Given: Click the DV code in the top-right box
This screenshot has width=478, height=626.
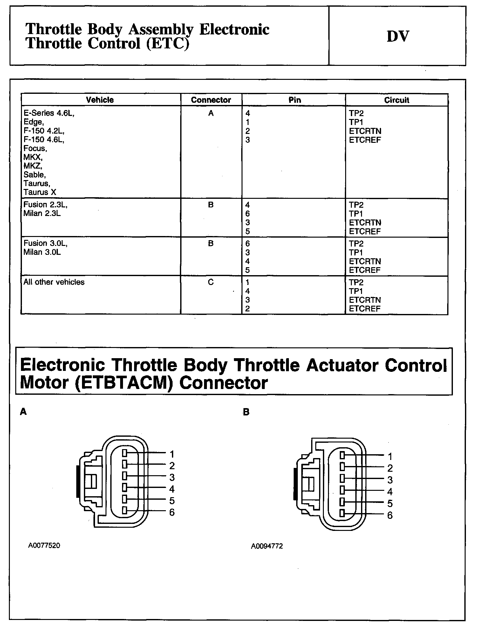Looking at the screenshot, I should [398, 36].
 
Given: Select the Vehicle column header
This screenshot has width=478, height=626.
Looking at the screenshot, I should [100, 100].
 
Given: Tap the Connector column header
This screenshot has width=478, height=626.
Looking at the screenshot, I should [211, 100].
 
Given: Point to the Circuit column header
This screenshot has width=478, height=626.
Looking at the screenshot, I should [397, 100].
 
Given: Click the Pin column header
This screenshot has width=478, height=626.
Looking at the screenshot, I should [295, 100].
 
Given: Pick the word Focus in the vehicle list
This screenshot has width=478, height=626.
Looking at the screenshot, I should [35, 149].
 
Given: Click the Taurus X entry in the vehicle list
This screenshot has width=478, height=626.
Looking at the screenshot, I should [40, 192].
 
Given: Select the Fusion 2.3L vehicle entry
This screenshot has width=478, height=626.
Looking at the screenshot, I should [45, 205].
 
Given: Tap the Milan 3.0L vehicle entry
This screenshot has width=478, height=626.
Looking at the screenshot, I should [42, 252].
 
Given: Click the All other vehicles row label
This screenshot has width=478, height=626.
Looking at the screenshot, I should [54, 282].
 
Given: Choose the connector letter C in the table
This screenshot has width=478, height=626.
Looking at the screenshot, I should [211, 282].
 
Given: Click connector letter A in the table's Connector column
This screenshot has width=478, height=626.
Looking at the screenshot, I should [211, 113].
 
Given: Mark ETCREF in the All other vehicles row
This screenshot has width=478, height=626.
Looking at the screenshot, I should [365, 309].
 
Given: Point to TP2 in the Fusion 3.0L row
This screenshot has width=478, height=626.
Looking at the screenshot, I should [356, 244].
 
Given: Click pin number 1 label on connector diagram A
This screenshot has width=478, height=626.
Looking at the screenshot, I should [172, 454].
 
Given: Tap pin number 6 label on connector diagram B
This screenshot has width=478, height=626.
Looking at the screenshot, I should [390, 515].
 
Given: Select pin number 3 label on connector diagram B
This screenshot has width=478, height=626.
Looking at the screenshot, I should [390, 480].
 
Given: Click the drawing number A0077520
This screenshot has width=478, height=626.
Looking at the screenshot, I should [44, 546].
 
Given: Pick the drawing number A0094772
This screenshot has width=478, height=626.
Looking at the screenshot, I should [267, 546].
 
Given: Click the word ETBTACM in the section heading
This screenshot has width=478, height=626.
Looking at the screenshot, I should [123, 383].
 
